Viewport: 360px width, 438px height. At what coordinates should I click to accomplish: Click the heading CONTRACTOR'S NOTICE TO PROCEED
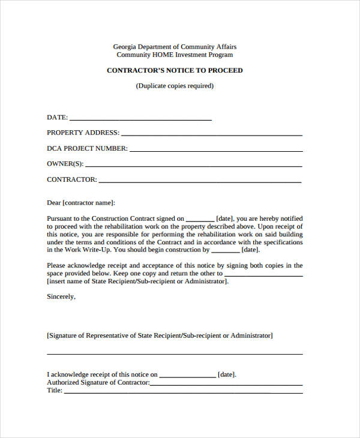pyautogui.click(x=175, y=70)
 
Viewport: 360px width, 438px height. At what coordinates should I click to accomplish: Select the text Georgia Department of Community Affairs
pyautogui.click(x=175, y=47)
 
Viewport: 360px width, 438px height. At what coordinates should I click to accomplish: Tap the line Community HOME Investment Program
pyautogui.click(x=175, y=55)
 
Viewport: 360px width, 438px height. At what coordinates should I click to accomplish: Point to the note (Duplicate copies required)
pyautogui.click(x=175, y=86)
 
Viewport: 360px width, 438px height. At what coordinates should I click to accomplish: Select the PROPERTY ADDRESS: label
pyautogui.click(x=83, y=133)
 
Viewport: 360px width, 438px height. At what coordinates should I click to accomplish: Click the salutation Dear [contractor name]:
pyautogui.click(x=80, y=203)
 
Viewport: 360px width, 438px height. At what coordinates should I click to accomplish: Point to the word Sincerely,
pyautogui.click(x=61, y=296)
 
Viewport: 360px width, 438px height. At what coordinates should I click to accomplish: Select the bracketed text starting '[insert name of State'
pyautogui.click(x=137, y=281)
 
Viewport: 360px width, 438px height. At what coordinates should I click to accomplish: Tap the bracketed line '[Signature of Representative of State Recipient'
pyautogui.click(x=160, y=335)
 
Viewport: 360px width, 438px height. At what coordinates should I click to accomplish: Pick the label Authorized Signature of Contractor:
pyautogui.click(x=98, y=382)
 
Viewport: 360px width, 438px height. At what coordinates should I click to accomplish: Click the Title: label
pyautogui.click(x=55, y=391)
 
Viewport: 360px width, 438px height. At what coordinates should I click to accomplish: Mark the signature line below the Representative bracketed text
pyautogui.click(x=175, y=353)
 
